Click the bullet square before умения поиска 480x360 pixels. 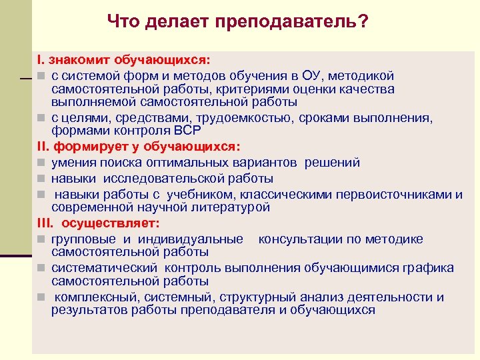pos(41,163)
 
